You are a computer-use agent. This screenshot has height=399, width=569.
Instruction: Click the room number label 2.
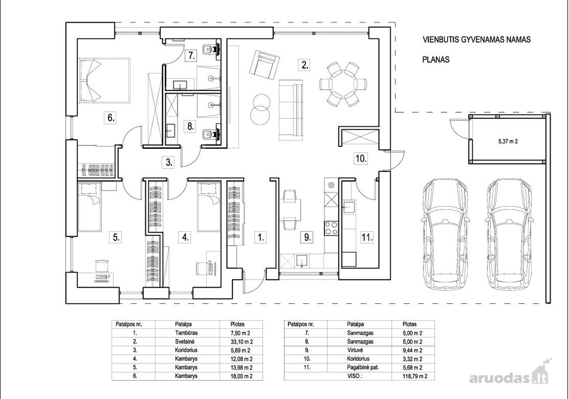[x=304, y=65]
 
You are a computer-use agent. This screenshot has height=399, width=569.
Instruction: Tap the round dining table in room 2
[x=343, y=84]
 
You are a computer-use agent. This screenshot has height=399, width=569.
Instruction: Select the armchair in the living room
[x=265, y=66]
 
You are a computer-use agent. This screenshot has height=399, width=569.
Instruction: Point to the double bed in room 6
[x=105, y=81]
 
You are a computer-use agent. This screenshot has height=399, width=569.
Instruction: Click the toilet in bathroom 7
[x=211, y=49]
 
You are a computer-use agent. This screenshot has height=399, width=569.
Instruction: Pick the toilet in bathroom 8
[x=211, y=134]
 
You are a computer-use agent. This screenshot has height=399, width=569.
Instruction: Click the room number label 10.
[x=361, y=159]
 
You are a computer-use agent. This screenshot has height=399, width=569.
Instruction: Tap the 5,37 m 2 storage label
[x=508, y=141]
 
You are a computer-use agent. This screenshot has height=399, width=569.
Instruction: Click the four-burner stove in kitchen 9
[x=331, y=228]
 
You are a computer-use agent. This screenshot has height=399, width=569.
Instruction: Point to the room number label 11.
[x=367, y=237]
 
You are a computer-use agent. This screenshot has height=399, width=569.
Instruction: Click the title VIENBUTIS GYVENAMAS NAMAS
[x=477, y=40]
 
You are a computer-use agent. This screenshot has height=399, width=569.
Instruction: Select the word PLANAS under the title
[x=436, y=60]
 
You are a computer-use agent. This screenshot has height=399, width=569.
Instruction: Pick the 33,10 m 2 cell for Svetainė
[x=241, y=342]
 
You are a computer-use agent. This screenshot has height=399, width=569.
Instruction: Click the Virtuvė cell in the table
[x=355, y=350]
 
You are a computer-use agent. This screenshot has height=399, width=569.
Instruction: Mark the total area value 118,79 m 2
[x=415, y=376]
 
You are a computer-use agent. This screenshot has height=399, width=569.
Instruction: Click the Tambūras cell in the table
[x=186, y=333]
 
